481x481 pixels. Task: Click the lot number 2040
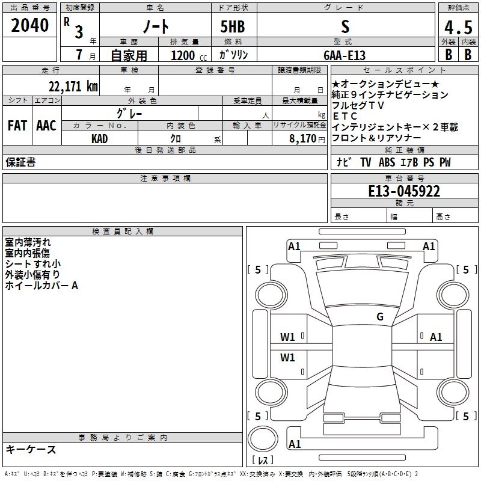[30, 26]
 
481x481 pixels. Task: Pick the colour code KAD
[100, 138]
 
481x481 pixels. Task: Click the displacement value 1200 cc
[186, 55]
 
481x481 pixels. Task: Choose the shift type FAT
[17, 126]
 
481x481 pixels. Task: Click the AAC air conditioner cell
[46, 126]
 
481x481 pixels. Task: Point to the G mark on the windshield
[380, 317]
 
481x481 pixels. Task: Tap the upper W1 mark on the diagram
[288, 337]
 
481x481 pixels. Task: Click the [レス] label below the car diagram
[265, 461]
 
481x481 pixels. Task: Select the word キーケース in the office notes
[31, 449]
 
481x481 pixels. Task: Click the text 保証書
[20, 162]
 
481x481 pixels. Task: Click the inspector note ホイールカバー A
[41, 286]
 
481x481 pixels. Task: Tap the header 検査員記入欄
[123, 231]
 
